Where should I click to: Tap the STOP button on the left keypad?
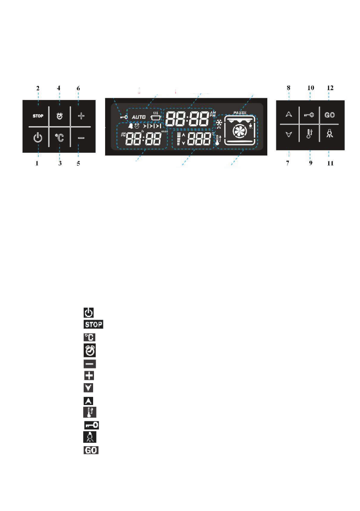pyautogui.click(x=38, y=115)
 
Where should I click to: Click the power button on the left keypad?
pyautogui.click(x=38, y=138)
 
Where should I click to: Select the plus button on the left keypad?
pyautogui.click(x=79, y=115)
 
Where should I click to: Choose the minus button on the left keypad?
pyautogui.click(x=79, y=138)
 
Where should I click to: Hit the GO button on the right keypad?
pyautogui.click(x=330, y=115)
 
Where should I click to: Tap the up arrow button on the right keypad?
pyautogui.click(x=289, y=115)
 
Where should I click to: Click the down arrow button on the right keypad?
pyautogui.click(x=289, y=135)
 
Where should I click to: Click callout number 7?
pyautogui.click(x=289, y=163)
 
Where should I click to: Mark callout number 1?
pyautogui.click(x=38, y=163)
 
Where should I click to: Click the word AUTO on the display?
pyautogui.click(x=139, y=117)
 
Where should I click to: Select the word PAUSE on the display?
pyautogui.click(x=240, y=112)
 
